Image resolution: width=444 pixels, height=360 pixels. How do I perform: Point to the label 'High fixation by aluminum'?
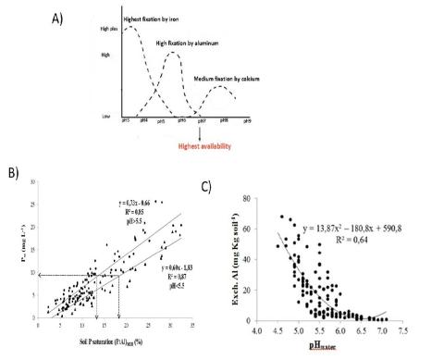coord(188,43)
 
